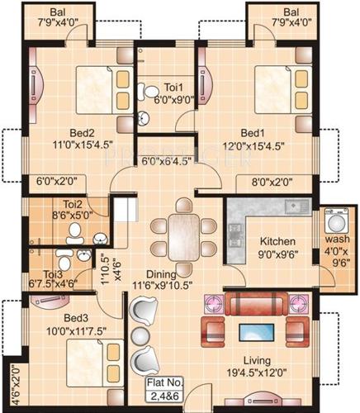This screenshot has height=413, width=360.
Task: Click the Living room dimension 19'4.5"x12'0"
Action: tap(256, 372)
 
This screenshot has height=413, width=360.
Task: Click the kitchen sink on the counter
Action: tap(291, 206)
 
